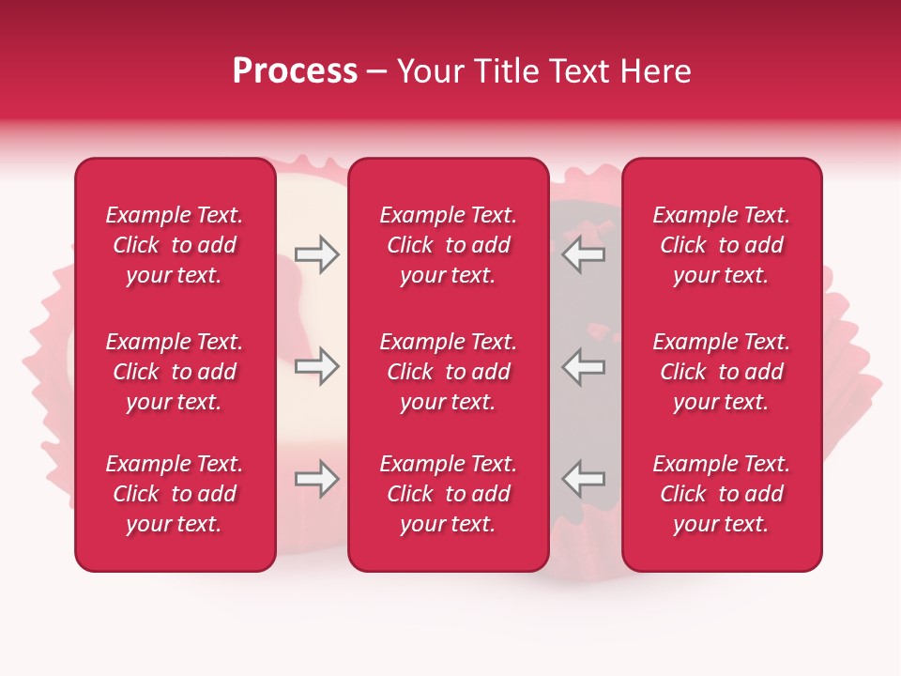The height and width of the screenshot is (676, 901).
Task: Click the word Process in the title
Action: click(x=295, y=71)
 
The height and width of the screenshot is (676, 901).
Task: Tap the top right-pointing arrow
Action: click(x=316, y=254)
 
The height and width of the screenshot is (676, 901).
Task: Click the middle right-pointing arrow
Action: click(x=316, y=366)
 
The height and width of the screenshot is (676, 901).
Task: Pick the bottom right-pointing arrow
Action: click(x=316, y=479)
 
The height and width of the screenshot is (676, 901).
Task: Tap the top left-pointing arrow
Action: click(x=583, y=254)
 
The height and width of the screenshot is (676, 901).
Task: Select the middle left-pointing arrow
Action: click(x=583, y=366)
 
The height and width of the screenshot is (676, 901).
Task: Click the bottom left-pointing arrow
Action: click(x=583, y=479)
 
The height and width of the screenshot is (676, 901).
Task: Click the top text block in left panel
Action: click(x=175, y=245)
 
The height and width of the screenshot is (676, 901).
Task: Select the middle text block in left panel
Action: click(x=175, y=372)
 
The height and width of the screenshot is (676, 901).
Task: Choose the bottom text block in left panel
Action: click(x=175, y=494)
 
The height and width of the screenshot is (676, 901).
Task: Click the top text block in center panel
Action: click(x=448, y=245)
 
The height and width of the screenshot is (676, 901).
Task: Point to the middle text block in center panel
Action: click(x=448, y=372)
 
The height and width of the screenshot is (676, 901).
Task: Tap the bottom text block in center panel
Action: click(x=448, y=494)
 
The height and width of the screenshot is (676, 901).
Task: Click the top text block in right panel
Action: click(x=722, y=245)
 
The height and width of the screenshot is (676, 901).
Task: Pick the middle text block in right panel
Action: click(x=722, y=372)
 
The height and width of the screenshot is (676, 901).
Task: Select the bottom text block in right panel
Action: click(x=722, y=494)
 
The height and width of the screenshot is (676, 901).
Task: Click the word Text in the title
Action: click(x=579, y=71)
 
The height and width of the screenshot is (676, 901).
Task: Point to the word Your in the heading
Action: click(x=430, y=71)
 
